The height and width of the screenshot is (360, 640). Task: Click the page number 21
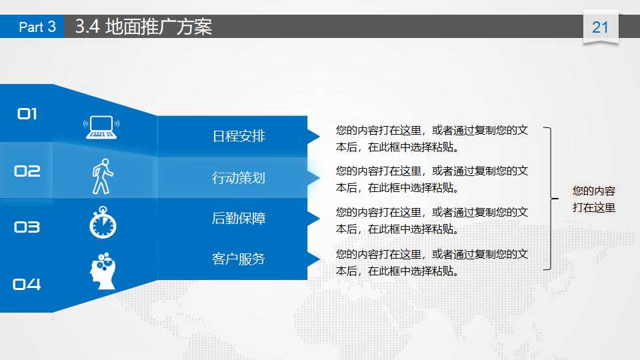pyautogui.click(x=600, y=27)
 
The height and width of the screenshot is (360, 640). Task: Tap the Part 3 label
pyautogui.click(x=37, y=27)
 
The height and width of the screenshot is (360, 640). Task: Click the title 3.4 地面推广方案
pyautogui.click(x=143, y=27)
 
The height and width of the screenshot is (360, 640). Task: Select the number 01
pyautogui.click(x=27, y=114)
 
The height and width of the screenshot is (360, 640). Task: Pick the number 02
pyautogui.click(x=27, y=171)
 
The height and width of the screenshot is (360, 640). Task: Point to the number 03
pyautogui.click(x=27, y=227)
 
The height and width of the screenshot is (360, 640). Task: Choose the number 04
pyautogui.click(x=27, y=285)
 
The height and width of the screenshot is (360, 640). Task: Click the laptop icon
pyautogui.click(x=101, y=127)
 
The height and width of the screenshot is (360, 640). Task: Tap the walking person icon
pyautogui.click(x=102, y=176)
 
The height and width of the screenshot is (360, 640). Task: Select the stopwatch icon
pyautogui.click(x=103, y=223)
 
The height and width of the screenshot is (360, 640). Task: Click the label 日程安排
pyautogui.click(x=239, y=137)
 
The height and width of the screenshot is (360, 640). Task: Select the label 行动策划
pyautogui.click(x=239, y=178)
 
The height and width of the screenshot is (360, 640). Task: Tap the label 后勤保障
pyautogui.click(x=239, y=218)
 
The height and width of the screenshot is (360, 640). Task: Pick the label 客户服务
pyautogui.click(x=239, y=259)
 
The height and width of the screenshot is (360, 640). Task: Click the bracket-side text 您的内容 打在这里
pyautogui.click(x=593, y=199)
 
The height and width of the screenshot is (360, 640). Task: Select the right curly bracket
pyautogui.click(x=550, y=198)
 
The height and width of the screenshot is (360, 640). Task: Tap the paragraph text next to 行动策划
pyautogui.click(x=432, y=179)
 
